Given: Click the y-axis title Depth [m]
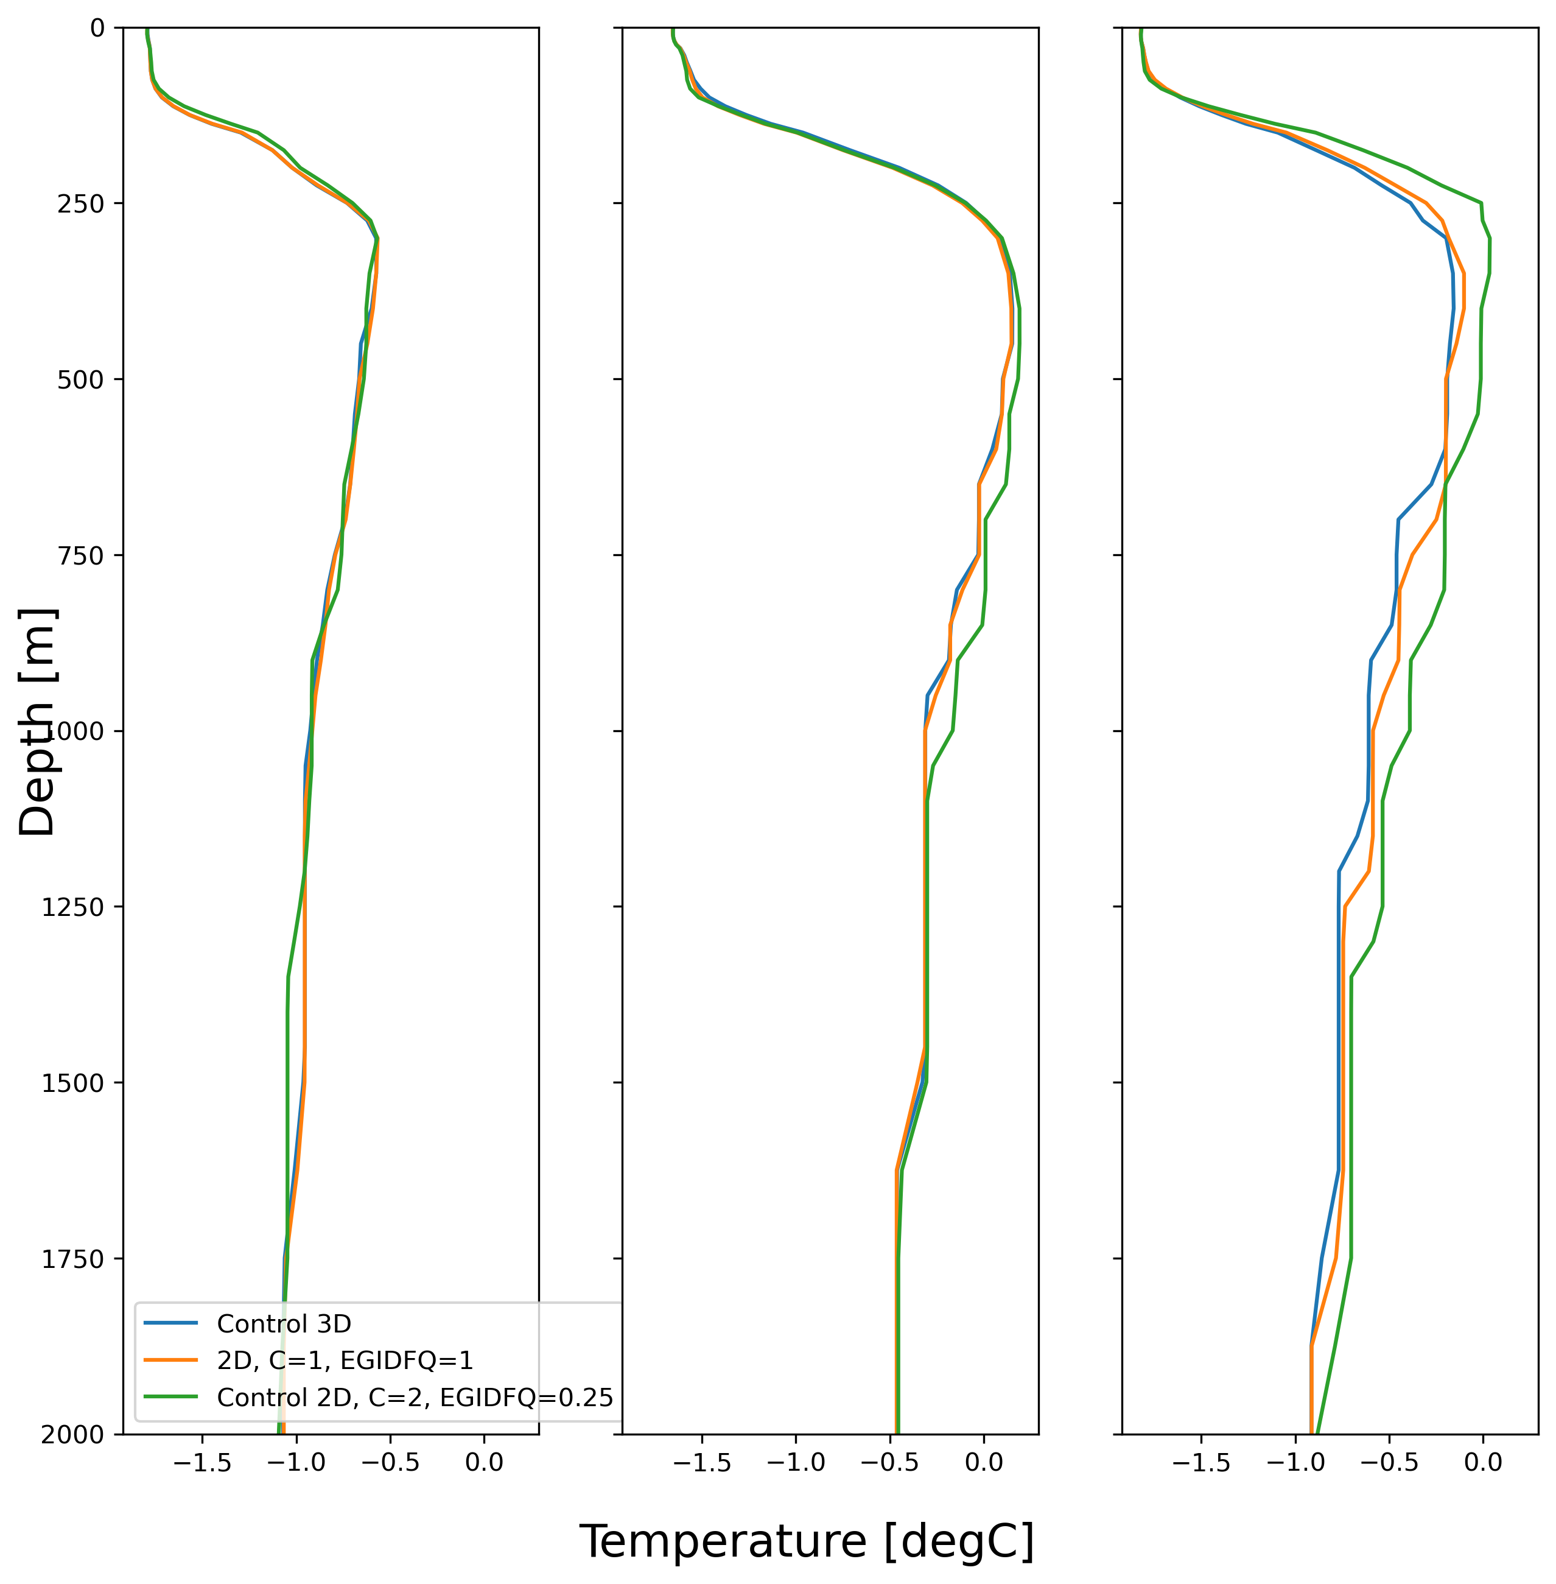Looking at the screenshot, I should [37, 722].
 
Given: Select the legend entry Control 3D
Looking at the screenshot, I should [284, 1323].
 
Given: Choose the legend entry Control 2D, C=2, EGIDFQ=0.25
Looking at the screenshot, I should [415, 1397].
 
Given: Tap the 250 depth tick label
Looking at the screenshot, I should [81, 203].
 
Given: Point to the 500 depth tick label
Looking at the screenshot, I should [81, 379].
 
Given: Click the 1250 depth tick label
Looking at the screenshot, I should [72, 906].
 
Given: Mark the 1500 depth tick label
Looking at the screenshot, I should [72, 1083].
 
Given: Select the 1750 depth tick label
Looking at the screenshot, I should [72, 1259].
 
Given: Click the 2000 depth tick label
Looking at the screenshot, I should [72, 1434].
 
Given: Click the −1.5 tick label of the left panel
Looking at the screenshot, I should [202, 1462].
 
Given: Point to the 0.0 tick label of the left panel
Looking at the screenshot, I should [484, 1462].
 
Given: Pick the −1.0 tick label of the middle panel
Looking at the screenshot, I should [795, 1462].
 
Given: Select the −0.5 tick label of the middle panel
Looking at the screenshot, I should [889, 1462].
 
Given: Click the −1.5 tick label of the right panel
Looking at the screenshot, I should [1200, 1462].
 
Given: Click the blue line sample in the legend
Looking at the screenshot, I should [171, 1323].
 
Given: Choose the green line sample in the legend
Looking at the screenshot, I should [171, 1397].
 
